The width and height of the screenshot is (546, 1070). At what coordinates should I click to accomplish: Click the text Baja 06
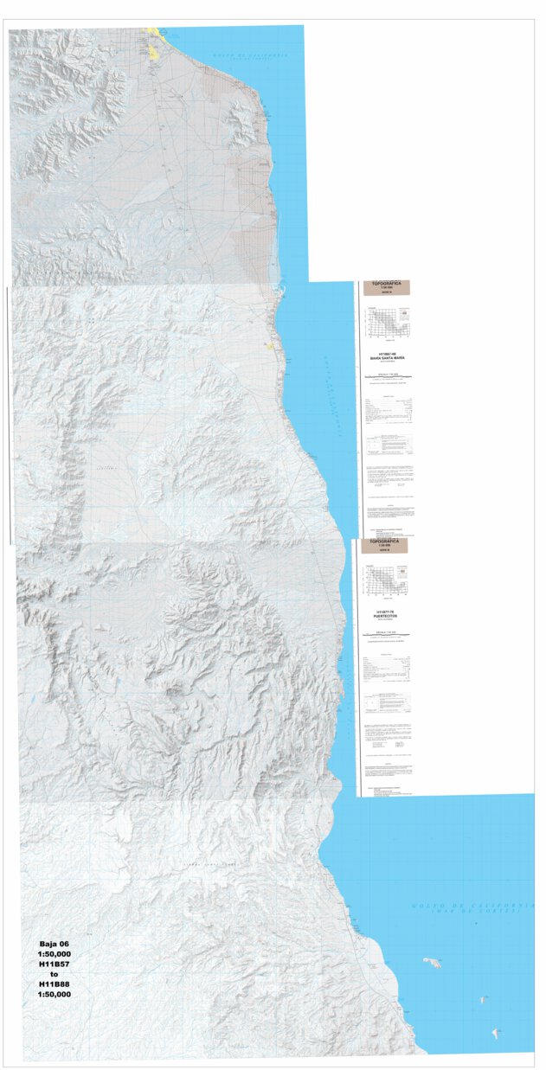tap(55, 944)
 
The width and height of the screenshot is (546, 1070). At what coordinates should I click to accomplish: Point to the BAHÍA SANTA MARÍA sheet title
tap(387, 356)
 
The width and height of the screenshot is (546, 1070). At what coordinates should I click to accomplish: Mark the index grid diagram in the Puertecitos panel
tap(387, 581)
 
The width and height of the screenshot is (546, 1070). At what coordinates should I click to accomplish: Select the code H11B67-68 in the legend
tap(387, 352)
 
